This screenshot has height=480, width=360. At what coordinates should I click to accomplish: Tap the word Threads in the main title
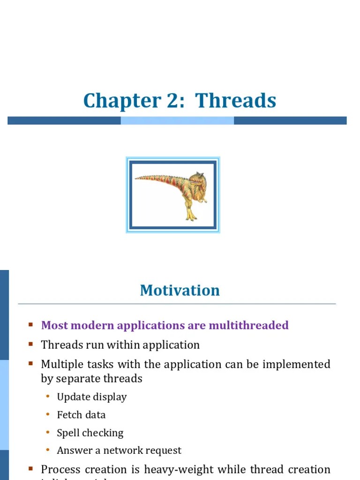coord(236,101)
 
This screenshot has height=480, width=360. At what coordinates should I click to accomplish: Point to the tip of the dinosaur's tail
coord(136,178)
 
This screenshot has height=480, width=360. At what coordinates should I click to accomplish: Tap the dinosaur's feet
coord(191,217)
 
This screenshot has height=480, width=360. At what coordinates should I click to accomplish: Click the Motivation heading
coord(180,291)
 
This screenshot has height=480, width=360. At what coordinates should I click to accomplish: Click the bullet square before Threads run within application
coord(30,344)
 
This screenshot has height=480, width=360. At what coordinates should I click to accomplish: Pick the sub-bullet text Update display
coord(91,397)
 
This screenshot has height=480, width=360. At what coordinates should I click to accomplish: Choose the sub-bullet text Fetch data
coord(81,415)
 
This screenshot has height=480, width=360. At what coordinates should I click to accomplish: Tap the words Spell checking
coord(90,433)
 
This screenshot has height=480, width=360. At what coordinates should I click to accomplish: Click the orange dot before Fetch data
coord(47,414)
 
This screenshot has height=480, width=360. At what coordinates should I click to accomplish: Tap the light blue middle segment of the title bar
coord(177,120)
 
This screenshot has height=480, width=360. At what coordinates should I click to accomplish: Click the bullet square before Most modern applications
coord(30,324)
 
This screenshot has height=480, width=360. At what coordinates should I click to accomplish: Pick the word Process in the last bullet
coord(59,469)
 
